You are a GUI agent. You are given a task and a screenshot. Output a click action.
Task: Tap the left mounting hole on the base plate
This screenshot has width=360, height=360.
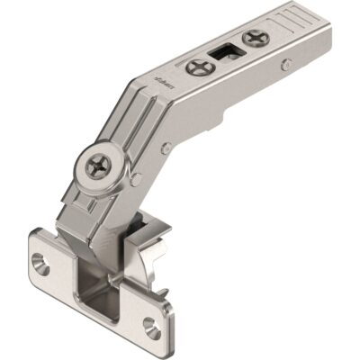(x=39, y=263)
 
